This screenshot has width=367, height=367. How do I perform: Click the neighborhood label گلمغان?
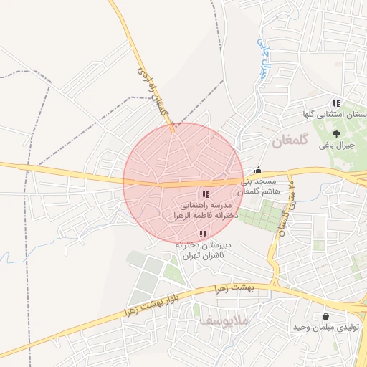pyautogui.click(x=289, y=142)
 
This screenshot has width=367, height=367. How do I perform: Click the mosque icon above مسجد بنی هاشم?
pyautogui.click(x=258, y=171)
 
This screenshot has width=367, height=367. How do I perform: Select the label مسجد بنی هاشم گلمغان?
pyautogui.click(x=257, y=187)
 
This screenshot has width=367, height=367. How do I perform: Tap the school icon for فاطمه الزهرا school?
pyautogui.click(x=206, y=194)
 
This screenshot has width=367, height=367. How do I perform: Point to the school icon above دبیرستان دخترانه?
pyautogui.click(x=203, y=234)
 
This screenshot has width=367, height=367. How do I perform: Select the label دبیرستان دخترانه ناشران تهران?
pyautogui.click(x=201, y=249)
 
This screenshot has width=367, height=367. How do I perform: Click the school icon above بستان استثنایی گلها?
pyautogui.click(x=336, y=104)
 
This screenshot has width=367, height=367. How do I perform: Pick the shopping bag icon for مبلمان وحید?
pyautogui.click(x=326, y=315)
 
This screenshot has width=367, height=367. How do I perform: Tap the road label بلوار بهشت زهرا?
pyautogui.click(x=154, y=305)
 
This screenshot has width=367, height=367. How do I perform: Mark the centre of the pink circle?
pyautogui.click(x=183, y=183)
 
